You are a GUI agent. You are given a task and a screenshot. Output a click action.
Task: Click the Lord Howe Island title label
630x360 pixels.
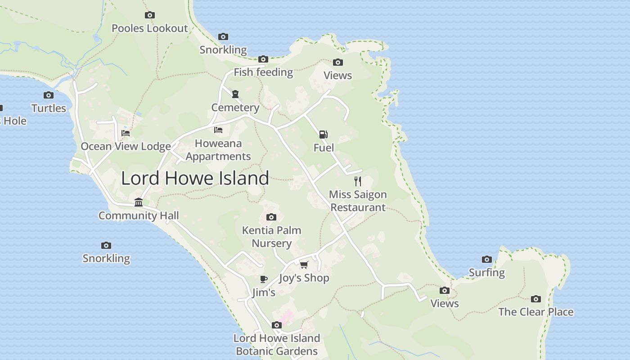point(195,178)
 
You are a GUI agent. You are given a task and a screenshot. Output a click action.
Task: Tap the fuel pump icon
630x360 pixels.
point(323,134)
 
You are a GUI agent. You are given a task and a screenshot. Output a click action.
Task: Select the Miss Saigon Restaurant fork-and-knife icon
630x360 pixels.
point(358,181)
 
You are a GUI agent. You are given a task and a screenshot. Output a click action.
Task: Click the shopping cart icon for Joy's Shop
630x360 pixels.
point(304,264)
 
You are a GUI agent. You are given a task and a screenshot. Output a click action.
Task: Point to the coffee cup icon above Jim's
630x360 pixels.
point(264,279)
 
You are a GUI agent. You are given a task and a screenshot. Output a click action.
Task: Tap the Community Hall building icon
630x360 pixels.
point(139,202)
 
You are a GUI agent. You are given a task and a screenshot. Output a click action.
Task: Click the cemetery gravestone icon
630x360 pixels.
point(235,94)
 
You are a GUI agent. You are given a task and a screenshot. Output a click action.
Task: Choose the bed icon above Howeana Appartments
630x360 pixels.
point(218,130)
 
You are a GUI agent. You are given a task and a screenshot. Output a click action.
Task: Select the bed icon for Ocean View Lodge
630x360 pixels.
point(126,133)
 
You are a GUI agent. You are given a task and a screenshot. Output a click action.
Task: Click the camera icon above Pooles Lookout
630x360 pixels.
point(150,15)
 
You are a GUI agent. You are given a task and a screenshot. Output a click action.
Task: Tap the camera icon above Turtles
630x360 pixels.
point(49,95)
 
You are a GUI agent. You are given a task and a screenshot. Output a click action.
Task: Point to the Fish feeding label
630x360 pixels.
point(263,72)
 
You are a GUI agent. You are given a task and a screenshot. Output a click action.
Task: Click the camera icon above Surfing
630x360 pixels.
point(486,259)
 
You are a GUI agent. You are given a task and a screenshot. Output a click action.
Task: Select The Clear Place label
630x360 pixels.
point(535,312)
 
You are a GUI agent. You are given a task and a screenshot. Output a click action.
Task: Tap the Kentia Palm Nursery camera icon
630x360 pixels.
point(271,217)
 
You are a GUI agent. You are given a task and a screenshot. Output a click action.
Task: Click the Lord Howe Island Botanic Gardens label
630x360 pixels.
point(277,345)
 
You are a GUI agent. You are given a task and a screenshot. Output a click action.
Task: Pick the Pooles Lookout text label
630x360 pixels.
point(149,28)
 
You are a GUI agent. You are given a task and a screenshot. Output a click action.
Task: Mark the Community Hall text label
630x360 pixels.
point(139,216)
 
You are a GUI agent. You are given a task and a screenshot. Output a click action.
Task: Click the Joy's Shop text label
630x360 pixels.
point(304,278)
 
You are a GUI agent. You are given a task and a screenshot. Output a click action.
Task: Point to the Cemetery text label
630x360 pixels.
point(235,108)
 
